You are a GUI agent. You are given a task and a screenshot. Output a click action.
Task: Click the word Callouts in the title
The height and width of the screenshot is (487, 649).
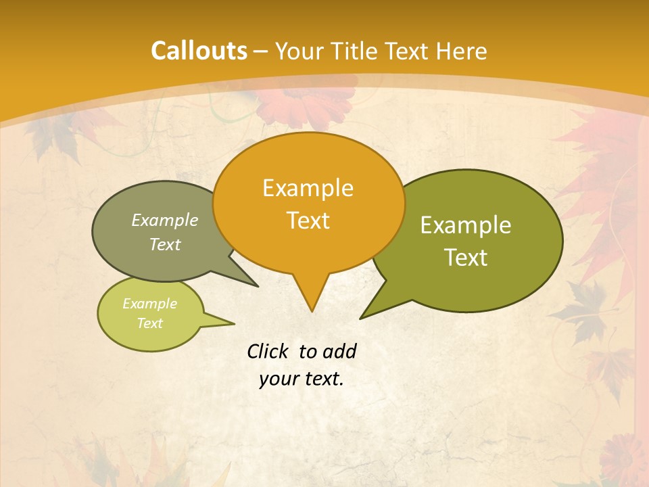tap(199, 51)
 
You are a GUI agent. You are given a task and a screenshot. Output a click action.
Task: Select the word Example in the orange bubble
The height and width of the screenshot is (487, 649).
tap(308, 188)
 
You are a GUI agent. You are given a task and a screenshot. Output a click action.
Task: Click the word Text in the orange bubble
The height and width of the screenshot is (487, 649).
tap(308, 221)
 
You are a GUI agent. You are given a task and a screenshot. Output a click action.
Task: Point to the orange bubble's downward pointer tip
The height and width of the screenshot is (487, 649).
tap(312, 310)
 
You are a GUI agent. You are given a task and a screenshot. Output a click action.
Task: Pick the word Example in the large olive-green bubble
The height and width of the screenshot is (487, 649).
tap(466, 225)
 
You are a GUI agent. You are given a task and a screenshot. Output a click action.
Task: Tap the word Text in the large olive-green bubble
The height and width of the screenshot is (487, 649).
tap(466, 258)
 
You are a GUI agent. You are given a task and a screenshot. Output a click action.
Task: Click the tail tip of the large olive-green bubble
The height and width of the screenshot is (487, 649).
tap(361, 317)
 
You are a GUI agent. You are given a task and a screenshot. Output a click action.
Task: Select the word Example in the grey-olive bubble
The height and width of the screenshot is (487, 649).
tap(164, 220)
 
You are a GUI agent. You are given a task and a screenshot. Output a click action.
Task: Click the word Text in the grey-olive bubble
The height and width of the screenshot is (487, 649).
tap(164, 244)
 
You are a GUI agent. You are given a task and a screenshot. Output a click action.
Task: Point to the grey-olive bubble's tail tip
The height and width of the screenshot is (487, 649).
tap(258, 286)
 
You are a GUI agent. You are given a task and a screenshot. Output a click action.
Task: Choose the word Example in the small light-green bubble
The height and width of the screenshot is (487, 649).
tap(149, 304)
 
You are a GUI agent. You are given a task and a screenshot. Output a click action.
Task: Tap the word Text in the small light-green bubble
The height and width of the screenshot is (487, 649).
tap(149, 323)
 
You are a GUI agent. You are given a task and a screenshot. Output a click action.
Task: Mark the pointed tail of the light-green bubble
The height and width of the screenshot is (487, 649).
tap(233, 323)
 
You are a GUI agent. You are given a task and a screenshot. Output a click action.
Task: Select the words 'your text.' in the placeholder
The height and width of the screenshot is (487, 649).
tap(302, 379)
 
